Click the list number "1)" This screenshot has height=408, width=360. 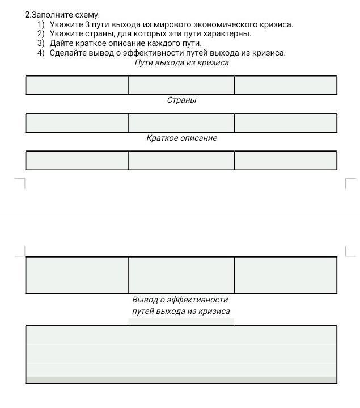click(x=41, y=24)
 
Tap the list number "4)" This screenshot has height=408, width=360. click(x=41, y=53)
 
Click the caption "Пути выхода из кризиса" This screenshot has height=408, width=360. click(x=181, y=62)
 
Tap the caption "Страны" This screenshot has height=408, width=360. click(x=181, y=100)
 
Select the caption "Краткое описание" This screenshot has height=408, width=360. click(x=181, y=138)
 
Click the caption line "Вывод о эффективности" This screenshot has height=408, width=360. click(x=180, y=299)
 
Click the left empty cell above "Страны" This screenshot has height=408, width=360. click(x=77, y=85)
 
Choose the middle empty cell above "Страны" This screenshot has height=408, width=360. click(x=181, y=85)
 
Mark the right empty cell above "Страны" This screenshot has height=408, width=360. click(x=285, y=85)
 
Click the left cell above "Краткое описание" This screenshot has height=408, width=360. click(x=77, y=123)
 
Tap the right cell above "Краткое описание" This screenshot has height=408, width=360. click(x=285, y=123)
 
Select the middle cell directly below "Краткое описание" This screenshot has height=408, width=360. click(x=181, y=160)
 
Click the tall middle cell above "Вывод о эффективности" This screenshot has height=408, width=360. click(x=181, y=275)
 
